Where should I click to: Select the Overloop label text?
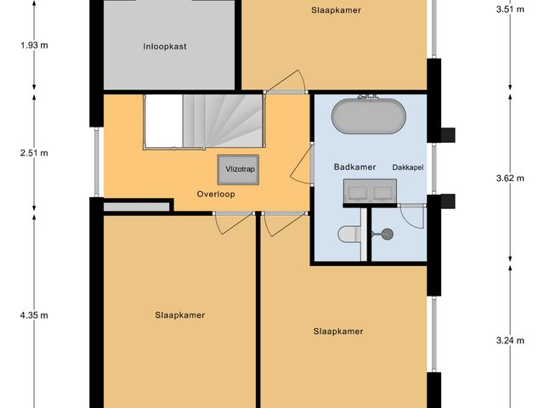[x=216, y=194]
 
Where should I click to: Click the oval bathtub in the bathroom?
[x=367, y=116]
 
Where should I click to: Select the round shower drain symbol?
[x=388, y=233]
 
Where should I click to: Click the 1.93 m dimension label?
[x=33, y=45]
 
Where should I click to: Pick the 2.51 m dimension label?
[x=33, y=153]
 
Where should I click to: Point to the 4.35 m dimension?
[x=33, y=316]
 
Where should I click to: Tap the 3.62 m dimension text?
[x=510, y=178]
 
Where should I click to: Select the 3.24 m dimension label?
[x=510, y=341]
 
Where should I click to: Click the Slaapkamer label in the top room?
[x=337, y=10]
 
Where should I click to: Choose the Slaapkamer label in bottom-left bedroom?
[x=180, y=314]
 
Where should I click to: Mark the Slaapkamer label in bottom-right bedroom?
[x=338, y=331]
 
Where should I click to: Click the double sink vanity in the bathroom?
[x=367, y=192]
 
